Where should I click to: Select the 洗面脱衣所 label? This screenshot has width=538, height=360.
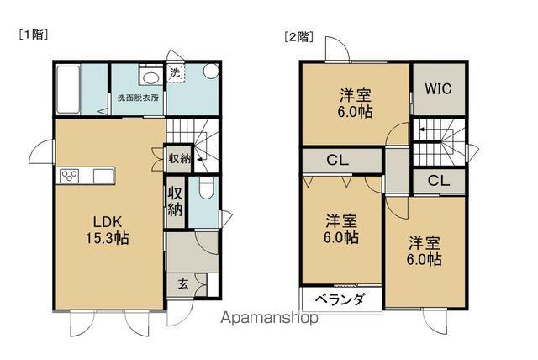click(x=137, y=98)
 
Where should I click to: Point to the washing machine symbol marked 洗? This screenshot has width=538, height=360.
click(x=176, y=74)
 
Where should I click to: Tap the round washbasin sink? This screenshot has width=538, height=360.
click(x=151, y=77)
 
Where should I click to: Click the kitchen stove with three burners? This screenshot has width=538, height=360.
click(x=68, y=176)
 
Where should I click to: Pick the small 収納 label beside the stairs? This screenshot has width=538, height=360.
click(x=179, y=158)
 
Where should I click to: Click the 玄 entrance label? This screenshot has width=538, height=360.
click(x=182, y=284)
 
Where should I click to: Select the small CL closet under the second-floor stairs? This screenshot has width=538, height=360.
click(x=438, y=180)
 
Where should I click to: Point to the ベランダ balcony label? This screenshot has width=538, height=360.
click(x=340, y=299)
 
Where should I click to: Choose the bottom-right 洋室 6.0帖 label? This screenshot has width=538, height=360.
click(x=425, y=251)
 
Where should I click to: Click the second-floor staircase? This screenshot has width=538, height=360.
click(x=439, y=135)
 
